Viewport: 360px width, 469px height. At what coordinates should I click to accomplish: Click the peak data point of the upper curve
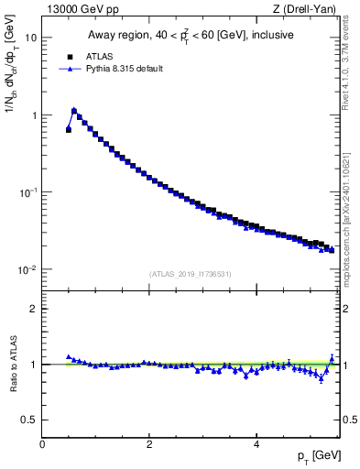tap(74, 111)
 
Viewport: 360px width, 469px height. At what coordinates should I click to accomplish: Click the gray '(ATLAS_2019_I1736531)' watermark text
tap(190, 274)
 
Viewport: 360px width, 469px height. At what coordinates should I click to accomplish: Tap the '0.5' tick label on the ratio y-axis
tap(30, 420)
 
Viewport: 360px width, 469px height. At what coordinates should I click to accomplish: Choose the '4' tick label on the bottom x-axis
tap(256, 443)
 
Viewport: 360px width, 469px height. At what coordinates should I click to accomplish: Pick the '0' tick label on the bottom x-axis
tap(42, 443)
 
